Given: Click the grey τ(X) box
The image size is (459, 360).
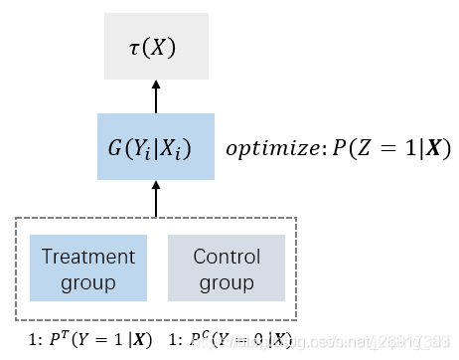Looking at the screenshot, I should point(156,46).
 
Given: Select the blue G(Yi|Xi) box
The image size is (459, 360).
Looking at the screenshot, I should point(156,146).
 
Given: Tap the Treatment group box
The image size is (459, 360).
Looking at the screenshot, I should point(88,269).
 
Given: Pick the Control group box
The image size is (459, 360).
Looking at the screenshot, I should point(227,269).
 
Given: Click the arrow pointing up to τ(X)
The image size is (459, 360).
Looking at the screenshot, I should point(156,96).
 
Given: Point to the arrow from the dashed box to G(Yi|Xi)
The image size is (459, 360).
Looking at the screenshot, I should point(156,198).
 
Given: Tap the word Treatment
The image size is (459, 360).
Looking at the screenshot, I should point(88,257).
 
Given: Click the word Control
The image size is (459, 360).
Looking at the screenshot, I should point(227,257).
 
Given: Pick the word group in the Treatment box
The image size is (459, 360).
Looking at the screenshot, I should point(88,282).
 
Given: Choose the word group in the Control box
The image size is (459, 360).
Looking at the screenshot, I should point(227,282).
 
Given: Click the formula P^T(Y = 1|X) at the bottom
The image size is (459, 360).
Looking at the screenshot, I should point(95,338).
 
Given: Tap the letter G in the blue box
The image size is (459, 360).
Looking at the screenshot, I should point(115,147).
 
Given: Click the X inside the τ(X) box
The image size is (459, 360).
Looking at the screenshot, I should point(159,47).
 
